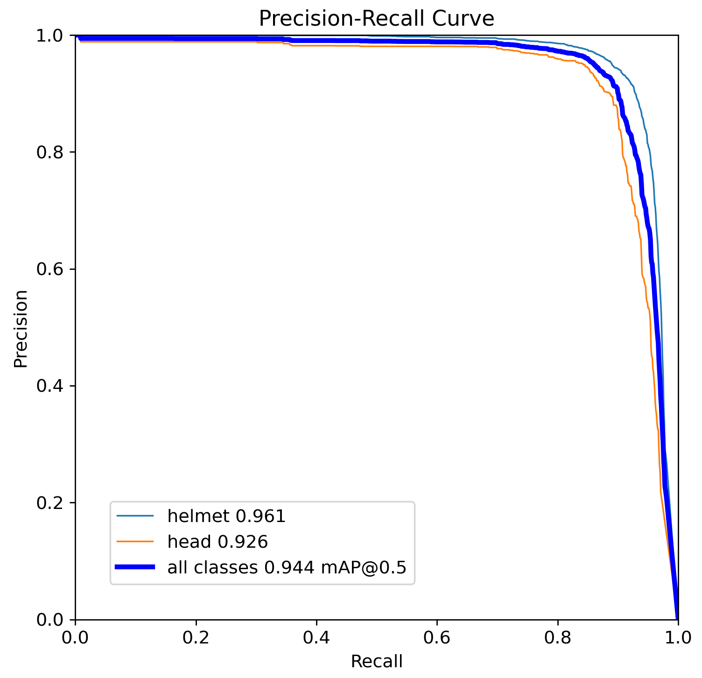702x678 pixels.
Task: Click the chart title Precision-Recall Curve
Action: (376, 19)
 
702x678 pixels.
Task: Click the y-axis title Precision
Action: (21, 329)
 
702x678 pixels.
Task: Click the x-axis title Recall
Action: (376, 661)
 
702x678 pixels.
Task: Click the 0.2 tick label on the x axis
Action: (196, 638)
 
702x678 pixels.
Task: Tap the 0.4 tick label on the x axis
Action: (316, 638)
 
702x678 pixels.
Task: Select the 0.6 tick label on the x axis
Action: (437, 638)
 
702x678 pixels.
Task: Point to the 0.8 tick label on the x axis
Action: (557, 638)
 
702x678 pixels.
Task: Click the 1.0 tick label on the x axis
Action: (678, 638)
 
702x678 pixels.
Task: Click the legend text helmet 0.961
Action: (226, 516)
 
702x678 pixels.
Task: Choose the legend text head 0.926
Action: (218, 542)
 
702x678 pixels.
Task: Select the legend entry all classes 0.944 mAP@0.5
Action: (287, 567)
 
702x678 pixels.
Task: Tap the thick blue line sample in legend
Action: (135, 567)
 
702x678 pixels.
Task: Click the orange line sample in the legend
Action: (135, 541)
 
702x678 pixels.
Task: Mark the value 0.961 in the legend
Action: (260, 516)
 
